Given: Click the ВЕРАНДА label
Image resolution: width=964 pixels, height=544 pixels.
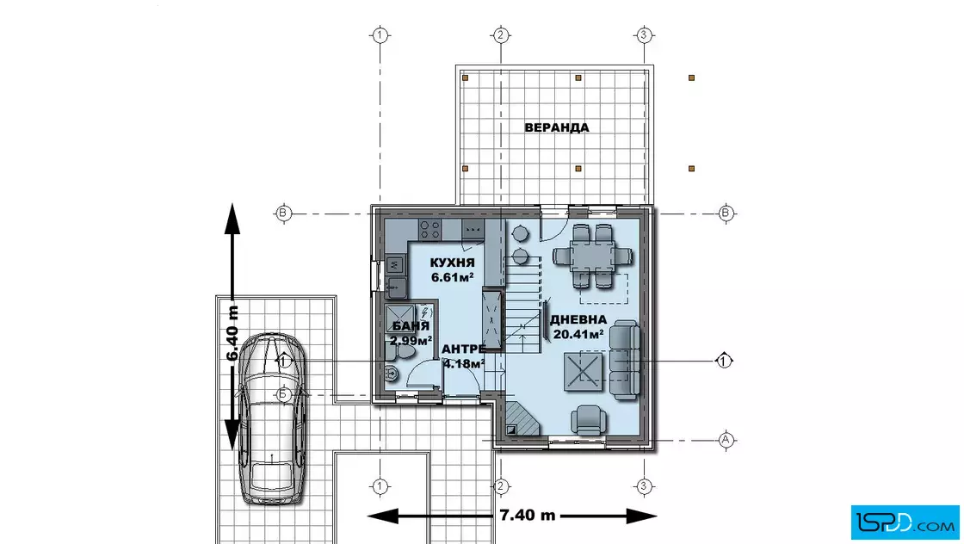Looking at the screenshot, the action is (556, 128).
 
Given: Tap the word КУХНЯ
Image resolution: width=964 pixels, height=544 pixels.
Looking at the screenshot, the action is (453, 263).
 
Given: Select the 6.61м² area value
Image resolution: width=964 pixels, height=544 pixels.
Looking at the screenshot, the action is (453, 277).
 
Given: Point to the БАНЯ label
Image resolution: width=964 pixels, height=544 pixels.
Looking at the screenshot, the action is (410, 326).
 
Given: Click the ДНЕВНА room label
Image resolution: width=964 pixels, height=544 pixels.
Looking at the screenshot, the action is (578, 320).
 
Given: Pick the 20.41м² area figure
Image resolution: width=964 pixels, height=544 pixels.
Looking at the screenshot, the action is (578, 334).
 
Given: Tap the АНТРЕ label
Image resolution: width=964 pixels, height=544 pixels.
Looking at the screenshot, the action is (464, 349).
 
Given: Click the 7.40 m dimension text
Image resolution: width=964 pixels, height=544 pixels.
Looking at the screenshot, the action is (528, 515).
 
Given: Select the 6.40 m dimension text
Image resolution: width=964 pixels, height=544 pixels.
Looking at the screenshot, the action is (232, 334).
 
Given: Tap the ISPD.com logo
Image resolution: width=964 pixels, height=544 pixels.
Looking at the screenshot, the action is (905, 522).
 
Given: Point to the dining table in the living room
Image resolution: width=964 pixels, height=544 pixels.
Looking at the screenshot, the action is (593, 256).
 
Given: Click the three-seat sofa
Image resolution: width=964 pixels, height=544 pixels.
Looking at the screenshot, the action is (625, 360).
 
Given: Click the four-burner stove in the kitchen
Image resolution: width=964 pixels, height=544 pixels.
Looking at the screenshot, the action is (429, 230).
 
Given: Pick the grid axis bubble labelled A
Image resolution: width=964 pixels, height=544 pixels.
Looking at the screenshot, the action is (726, 440).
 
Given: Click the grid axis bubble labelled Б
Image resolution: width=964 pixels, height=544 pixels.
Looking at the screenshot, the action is (283, 394).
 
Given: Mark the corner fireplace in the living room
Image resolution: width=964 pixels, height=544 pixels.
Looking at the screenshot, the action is (521, 419).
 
